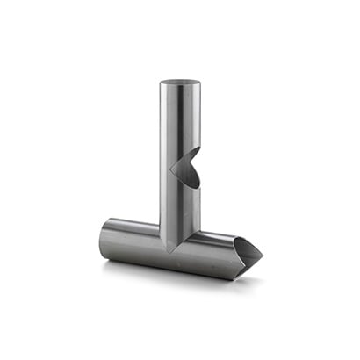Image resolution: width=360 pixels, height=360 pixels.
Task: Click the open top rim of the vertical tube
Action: tap(180, 83)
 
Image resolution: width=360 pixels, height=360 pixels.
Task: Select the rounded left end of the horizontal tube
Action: tap(103, 238)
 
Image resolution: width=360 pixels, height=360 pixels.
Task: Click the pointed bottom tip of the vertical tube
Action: tap(170, 250)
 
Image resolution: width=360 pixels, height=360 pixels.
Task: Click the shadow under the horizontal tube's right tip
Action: tap(250, 279)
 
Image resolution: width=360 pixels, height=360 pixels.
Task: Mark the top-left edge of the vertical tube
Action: tap(161, 85)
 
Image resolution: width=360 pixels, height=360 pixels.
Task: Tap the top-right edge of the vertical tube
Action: tap(200, 85)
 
